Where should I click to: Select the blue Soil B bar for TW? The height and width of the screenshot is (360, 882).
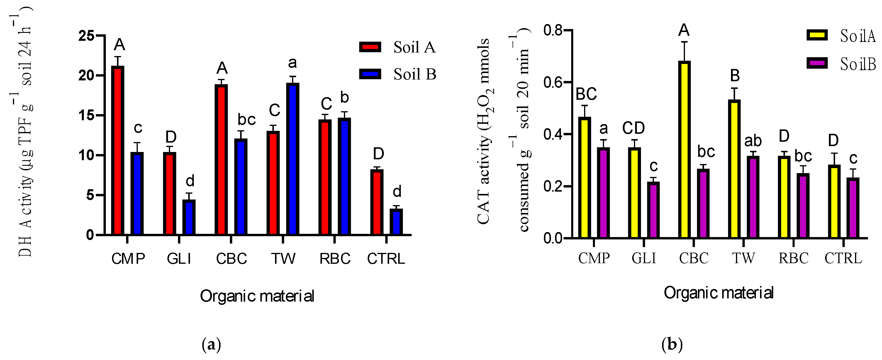pos(293,159)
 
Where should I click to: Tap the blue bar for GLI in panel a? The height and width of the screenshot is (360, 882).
pos(189,217)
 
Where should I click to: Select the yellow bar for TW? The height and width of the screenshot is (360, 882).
pos(734,170)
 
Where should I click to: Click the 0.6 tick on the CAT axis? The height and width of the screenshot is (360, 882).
pos(553,82)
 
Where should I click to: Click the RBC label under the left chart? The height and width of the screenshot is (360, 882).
pos(335,258)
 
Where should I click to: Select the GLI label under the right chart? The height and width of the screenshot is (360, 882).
pos(644,258)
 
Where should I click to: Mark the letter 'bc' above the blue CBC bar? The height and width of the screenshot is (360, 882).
pos(247,119)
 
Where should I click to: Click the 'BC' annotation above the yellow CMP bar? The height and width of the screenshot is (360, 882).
pos(586,94)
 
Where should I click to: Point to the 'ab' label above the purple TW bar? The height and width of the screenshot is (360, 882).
pos(753,141)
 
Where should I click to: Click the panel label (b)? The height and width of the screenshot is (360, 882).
pos(672,344)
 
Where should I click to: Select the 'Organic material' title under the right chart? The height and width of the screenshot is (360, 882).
pos(718,293)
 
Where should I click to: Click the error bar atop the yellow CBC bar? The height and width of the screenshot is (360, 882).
pos(684,51)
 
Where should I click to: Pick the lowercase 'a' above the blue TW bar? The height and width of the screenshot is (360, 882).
pos(292,63)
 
